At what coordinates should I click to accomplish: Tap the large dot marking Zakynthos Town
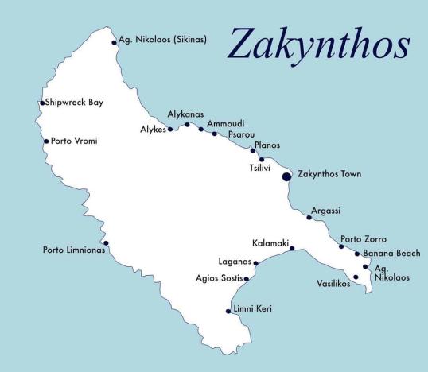point(287,176)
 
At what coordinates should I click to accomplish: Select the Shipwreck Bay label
point(75,103)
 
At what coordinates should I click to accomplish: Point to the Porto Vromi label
point(74,141)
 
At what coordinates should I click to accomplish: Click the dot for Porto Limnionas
point(106,243)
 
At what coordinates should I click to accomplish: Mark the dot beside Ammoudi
point(201,128)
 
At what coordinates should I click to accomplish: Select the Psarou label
point(241,135)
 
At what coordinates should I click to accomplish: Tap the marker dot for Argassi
point(309,217)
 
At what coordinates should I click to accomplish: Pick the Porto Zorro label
point(363,238)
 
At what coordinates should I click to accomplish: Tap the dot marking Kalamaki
point(292,249)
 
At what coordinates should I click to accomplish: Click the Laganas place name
point(234,262)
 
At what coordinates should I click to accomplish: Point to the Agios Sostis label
point(219,279)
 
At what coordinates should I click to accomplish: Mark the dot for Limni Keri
point(228,311)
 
